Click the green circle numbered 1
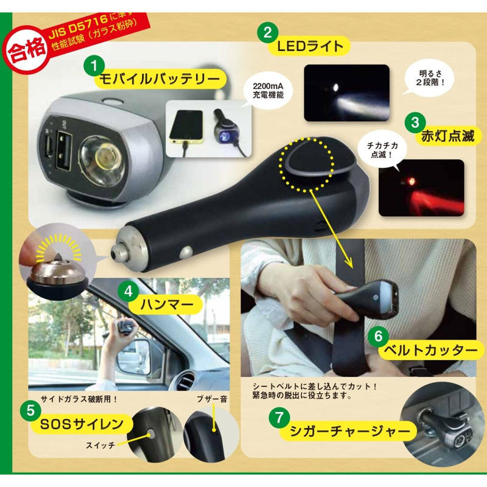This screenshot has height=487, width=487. coord(95,64)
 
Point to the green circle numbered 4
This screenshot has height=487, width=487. coord(128,291)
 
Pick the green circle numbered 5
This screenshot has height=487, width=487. coord(30,411)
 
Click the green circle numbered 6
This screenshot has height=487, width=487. coord(377,335)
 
